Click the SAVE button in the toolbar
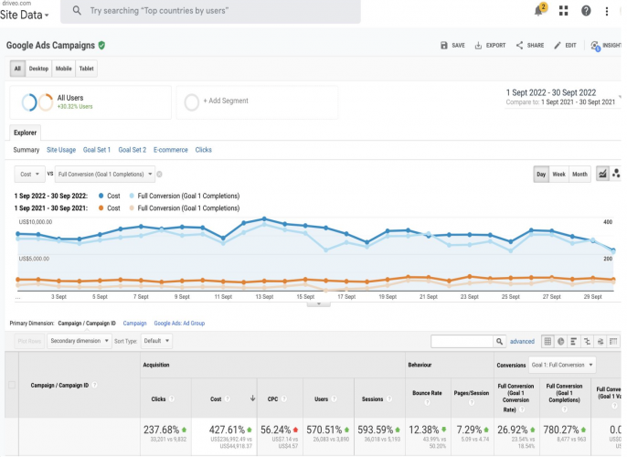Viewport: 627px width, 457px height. click(452, 45)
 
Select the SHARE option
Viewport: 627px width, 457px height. click(529, 45)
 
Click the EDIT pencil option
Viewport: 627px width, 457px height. click(565, 45)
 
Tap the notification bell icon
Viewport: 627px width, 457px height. click(538, 11)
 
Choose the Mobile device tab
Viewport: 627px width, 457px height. click(64, 69)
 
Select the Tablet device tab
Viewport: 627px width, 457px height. click(87, 69)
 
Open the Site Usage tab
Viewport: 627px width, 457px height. click(61, 150)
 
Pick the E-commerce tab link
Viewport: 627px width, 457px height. click(170, 150)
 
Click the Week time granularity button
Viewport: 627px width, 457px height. click(558, 174)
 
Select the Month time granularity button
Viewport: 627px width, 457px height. click(579, 174)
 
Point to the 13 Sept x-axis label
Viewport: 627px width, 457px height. click(264, 297)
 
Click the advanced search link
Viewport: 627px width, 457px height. click(522, 341)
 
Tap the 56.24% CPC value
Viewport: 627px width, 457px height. click(274, 430)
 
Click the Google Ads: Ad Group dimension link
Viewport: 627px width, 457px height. click(179, 323)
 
